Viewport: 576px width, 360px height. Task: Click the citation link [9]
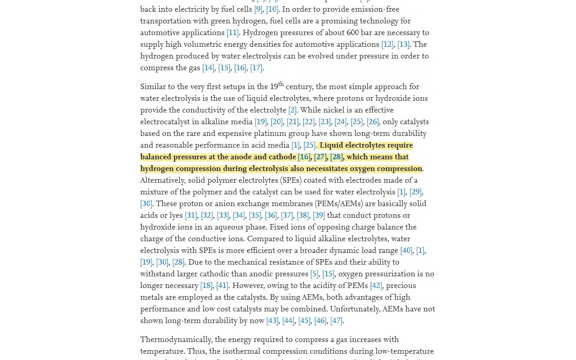click(x=258, y=9)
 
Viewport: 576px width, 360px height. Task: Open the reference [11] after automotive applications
click(x=233, y=32)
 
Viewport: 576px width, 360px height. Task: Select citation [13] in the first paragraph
click(x=403, y=44)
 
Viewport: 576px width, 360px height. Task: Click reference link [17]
click(x=256, y=67)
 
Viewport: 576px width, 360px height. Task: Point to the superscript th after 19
click(x=281, y=84)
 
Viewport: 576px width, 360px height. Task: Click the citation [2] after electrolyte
click(x=292, y=110)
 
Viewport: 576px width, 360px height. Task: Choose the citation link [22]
click(x=309, y=121)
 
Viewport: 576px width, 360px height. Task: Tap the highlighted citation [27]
click(x=320, y=157)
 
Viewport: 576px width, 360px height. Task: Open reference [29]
click(x=415, y=192)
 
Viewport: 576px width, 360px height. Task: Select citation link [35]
click(x=255, y=215)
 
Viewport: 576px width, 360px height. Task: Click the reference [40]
click(x=406, y=250)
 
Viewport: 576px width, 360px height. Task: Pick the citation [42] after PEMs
click(x=376, y=285)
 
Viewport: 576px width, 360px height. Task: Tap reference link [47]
click(x=336, y=320)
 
